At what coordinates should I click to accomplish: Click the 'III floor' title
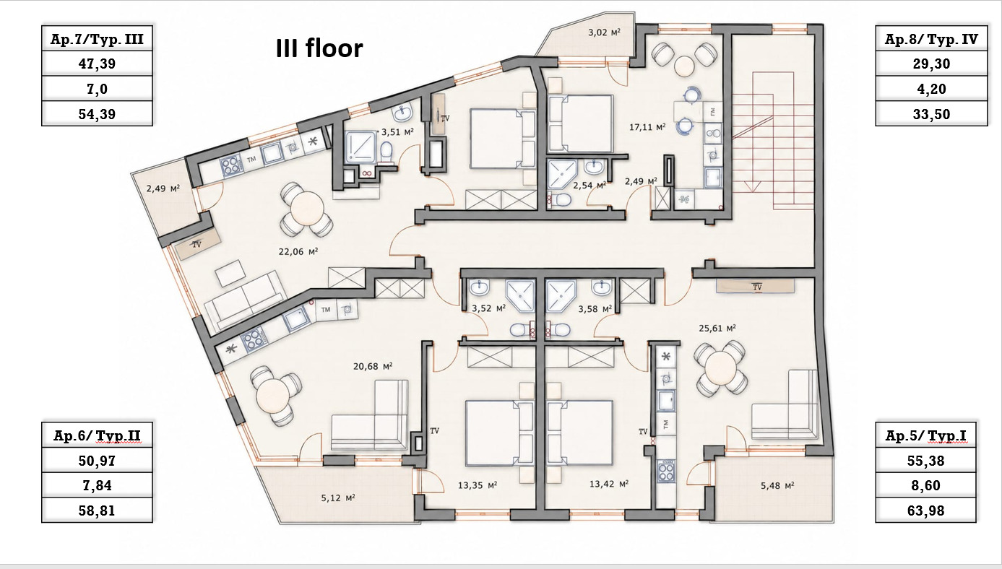click(319, 48)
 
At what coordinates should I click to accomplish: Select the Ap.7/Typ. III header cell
click(97, 39)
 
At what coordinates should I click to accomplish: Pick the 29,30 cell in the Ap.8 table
click(931, 64)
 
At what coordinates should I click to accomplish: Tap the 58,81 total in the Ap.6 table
click(97, 511)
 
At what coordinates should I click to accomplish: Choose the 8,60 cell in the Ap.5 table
click(925, 485)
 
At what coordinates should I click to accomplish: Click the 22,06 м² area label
click(298, 252)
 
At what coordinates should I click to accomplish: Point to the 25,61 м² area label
click(717, 328)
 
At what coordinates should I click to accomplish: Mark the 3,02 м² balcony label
click(605, 32)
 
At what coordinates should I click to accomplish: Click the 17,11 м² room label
click(647, 127)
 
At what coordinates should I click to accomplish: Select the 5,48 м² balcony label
click(777, 485)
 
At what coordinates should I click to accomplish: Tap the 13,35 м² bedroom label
click(478, 485)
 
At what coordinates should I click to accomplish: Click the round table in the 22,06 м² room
click(307, 209)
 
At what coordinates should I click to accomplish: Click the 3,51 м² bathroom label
click(397, 132)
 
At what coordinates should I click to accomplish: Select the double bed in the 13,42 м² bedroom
click(580, 433)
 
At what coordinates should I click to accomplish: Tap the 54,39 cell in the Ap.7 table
click(97, 114)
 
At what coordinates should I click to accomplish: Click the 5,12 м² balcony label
click(337, 498)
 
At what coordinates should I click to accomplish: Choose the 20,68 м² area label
click(373, 367)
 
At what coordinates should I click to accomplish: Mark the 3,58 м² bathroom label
click(595, 309)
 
